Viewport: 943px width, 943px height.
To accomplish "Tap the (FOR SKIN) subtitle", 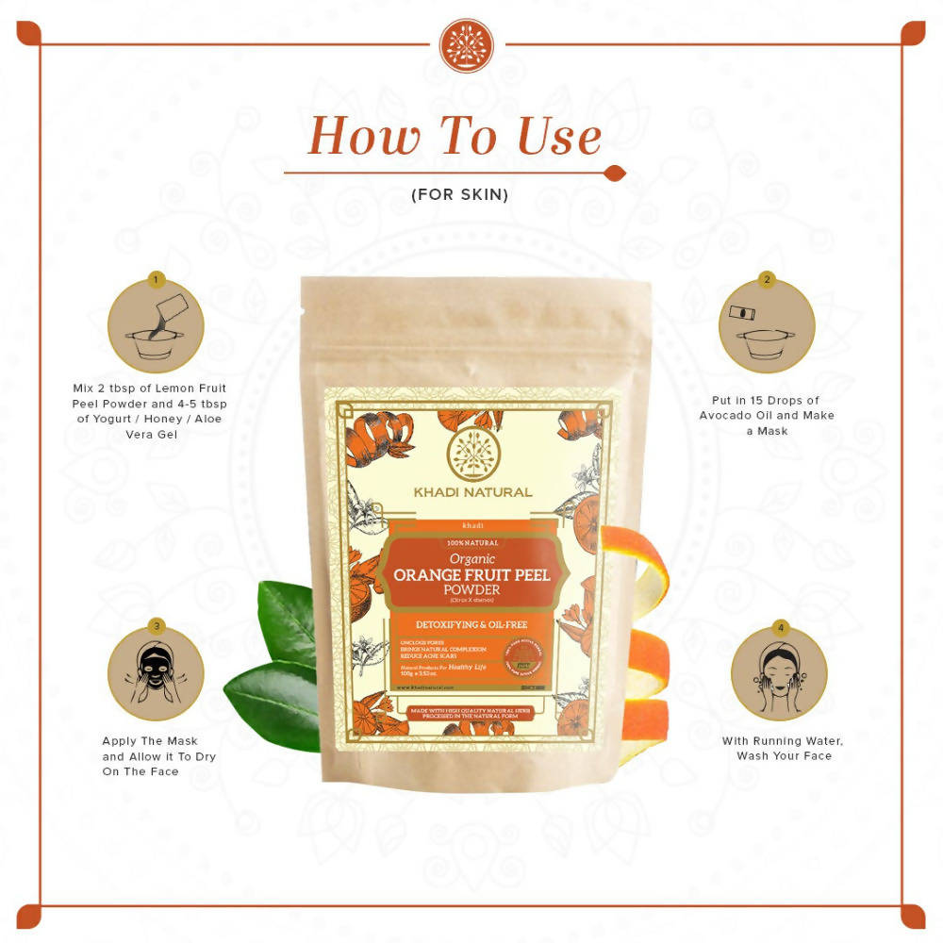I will pos(459,195).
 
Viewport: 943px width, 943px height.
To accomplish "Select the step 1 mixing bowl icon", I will pos(156,327).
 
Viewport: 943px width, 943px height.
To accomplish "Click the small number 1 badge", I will pos(157,280).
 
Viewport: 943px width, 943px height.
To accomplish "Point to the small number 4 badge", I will pos(779,627).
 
